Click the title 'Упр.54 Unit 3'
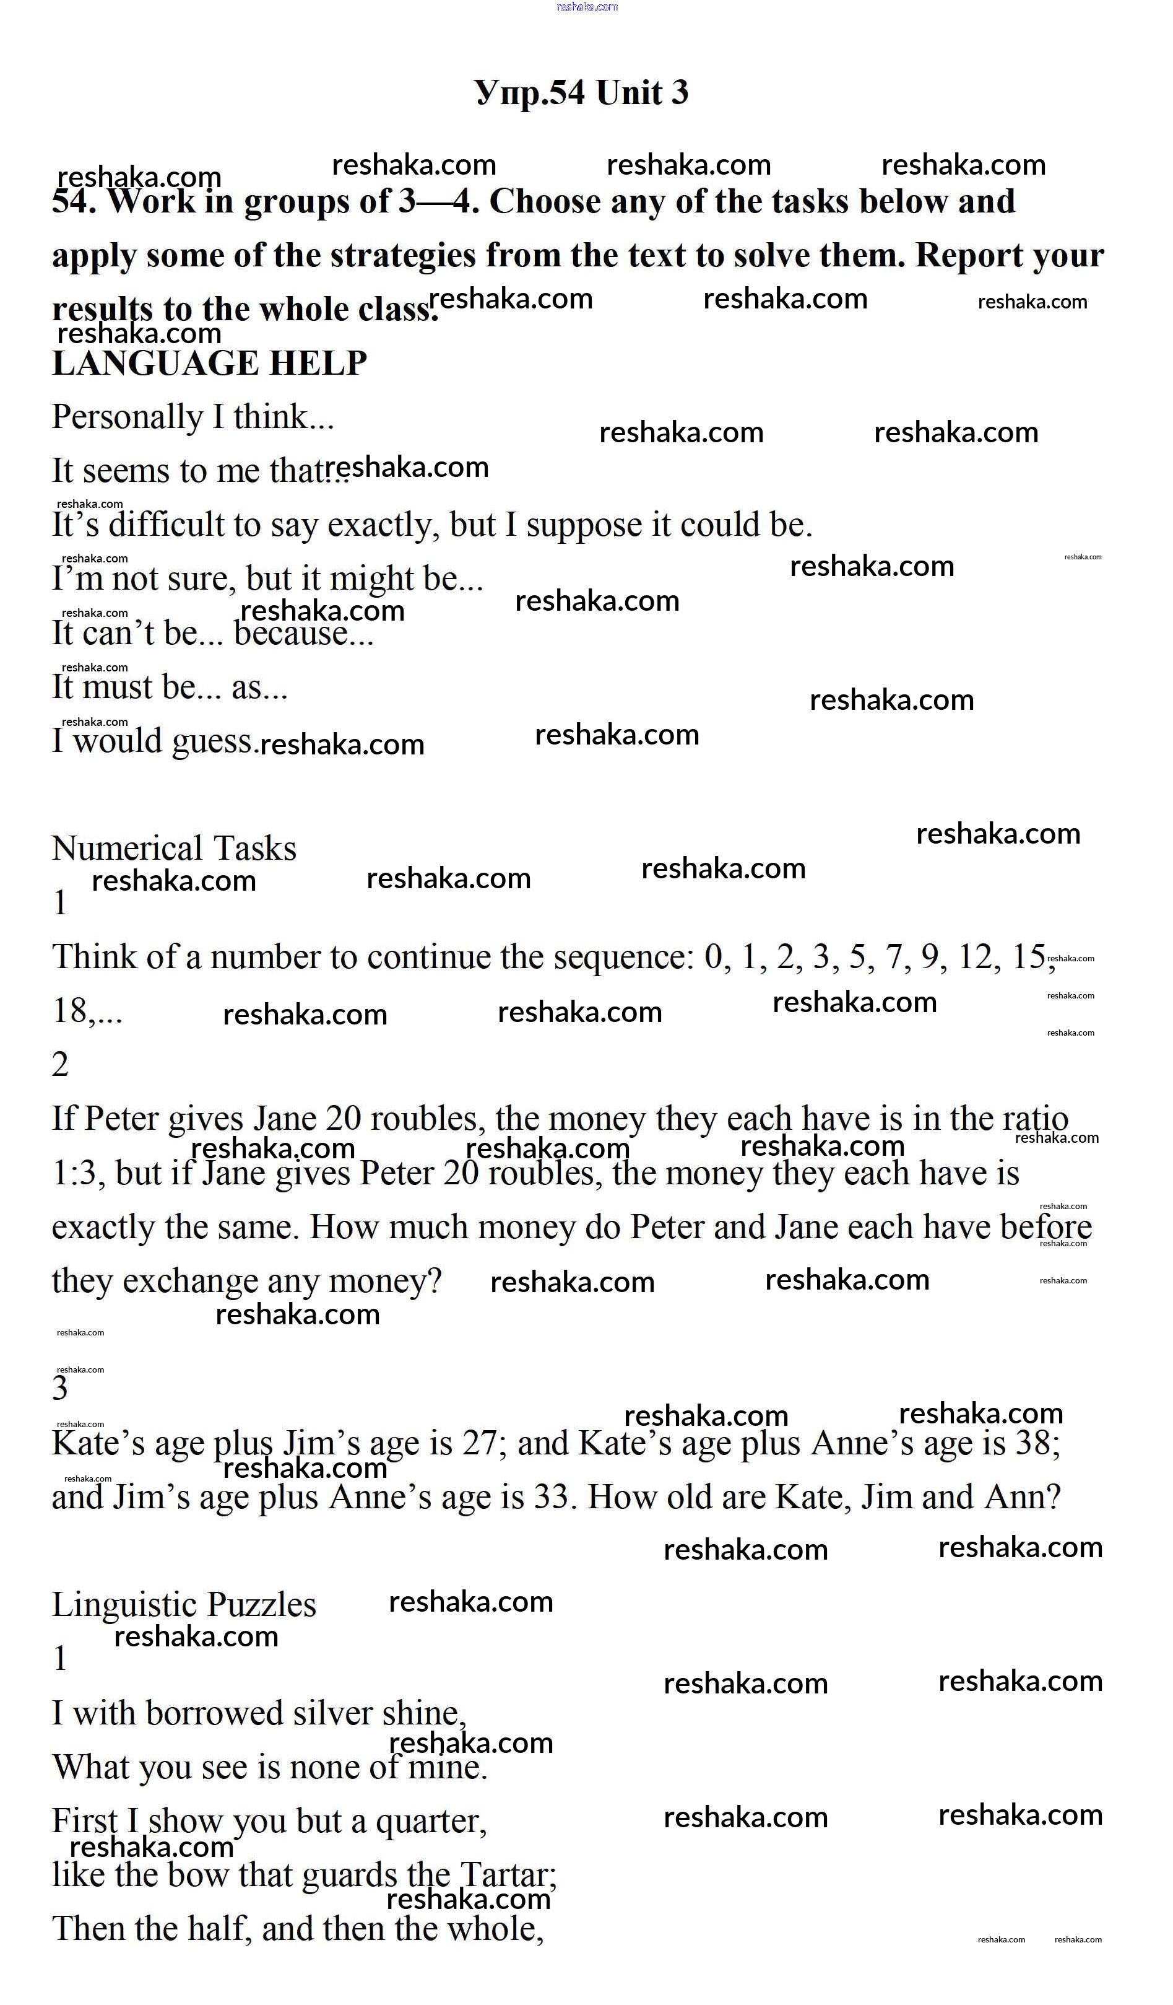tap(581, 93)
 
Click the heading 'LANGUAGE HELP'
tap(209, 364)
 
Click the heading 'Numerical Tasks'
tap(173, 849)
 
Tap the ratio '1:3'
tap(78, 1174)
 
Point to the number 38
tap(1033, 1443)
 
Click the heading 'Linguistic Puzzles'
tap(184, 1605)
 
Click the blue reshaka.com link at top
tap(587, 7)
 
